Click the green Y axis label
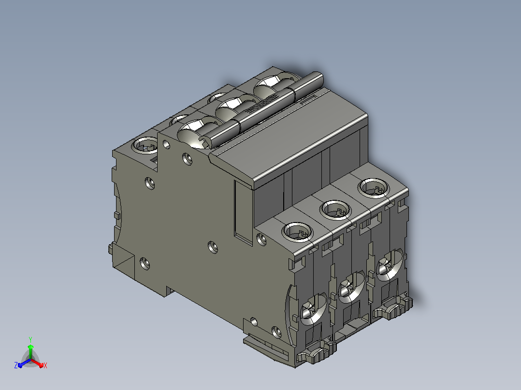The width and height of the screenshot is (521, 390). tap(30, 339)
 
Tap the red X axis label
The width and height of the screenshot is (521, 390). tap(45, 365)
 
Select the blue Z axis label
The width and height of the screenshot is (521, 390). tap(16, 365)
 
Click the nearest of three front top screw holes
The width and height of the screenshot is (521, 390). tap(297, 232)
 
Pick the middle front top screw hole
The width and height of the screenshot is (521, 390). tap(335, 210)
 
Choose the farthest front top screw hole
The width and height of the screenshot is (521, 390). tap(374, 188)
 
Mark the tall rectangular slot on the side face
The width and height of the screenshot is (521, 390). tap(243, 212)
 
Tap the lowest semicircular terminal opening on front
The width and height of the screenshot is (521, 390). tap(314, 309)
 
